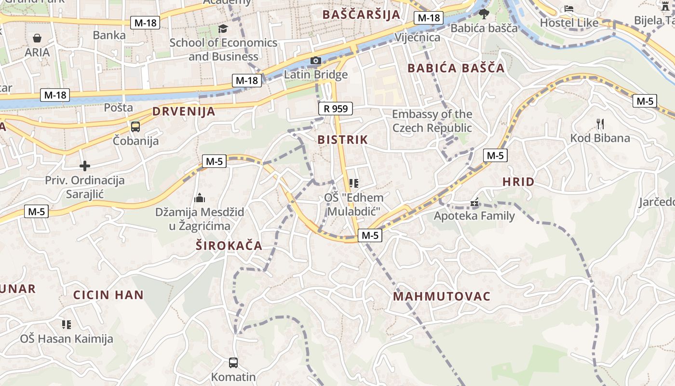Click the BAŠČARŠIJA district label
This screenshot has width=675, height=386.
pyautogui.click(x=362, y=14)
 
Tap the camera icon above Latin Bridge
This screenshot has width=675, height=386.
pyautogui.click(x=316, y=61)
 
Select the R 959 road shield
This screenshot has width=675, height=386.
pyautogui.click(x=336, y=109)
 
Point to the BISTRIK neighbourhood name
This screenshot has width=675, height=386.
pyautogui.click(x=343, y=140)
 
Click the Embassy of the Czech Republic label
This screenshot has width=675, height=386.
pyautogui.click(x=432, y=121)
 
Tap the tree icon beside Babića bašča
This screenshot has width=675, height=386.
pyautogui.click(x=484, y=14)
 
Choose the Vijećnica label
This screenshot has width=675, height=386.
pyautogui.click(x=418, y=37)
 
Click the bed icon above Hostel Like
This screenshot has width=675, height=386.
pyautogui.click(x=569, y=9)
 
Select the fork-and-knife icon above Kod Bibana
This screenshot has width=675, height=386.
pyautogui.click(x=600, y=124)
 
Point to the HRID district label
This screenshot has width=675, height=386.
pyautogui.click(x=518, y=182)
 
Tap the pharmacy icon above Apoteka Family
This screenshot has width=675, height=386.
pyautogui.click(x=475, y=203)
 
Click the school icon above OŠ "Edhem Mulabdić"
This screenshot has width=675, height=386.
pyautogui.click(x=354, y=183)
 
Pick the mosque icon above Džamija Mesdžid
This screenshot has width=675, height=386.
pyautogui.click(x=200, y=198)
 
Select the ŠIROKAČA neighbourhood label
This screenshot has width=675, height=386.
pyautogui.click(x=229, y=246)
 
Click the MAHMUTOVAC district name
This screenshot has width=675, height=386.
pyautogui.click(x=442, y=296)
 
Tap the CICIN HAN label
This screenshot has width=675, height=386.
pyautogui.click(x=108, y=295)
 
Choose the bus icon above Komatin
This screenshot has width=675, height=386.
pyautogui.click(x=233, y=362)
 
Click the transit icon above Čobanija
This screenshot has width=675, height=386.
pyautogui.click(x=135, y=127)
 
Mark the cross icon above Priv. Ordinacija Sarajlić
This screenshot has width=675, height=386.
pyautogui.click(x=85, y=166)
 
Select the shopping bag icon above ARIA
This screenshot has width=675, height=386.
pyautogui.click(x=37, y=38)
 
